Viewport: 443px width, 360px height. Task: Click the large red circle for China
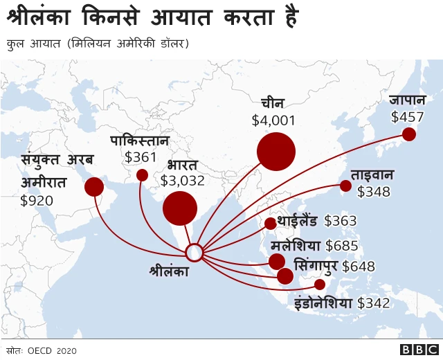point(275,151)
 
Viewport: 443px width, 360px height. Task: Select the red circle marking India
point(179,208)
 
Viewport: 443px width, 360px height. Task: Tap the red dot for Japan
point(409,134)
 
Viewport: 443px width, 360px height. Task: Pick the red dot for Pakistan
point(142,175)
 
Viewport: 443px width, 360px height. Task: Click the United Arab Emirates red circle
point(94,187)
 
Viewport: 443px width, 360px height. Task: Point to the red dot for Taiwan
point(345,185)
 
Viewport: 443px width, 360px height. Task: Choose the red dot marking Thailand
point(270,223)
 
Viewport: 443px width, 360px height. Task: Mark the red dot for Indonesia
point(319,285)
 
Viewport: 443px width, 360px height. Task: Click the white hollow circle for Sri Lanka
point(195,253)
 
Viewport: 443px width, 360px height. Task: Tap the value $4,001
point(273,120)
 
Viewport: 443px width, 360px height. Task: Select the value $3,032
point(182,181)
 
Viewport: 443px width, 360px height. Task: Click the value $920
point(37,201)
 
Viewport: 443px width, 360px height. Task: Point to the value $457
point(408,117)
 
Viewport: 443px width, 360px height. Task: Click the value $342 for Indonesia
point(374,303)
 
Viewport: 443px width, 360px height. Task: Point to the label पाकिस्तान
point(140,141)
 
